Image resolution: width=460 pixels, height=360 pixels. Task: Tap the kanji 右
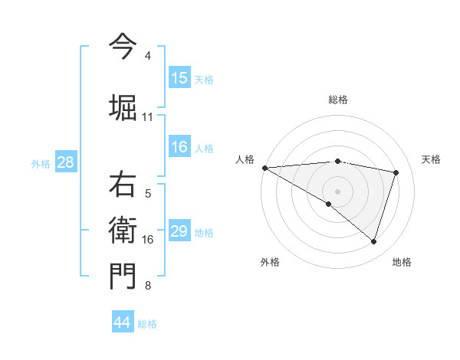(x=123, y=185)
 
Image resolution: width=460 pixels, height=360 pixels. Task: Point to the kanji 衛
(x=123, y=230)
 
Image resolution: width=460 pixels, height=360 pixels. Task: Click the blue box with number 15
(x=179, y=78)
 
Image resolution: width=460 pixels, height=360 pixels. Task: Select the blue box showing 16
(x=179, y=147)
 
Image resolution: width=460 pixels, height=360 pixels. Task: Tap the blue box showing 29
(x=179, y=231)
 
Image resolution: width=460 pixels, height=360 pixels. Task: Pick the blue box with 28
(x=65, y=162)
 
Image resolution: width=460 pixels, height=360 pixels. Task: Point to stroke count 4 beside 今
(x=148, y=56)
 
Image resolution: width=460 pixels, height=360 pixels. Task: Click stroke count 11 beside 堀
(x=148, y=116)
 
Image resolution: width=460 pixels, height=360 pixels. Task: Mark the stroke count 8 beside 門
(x=148, y=286)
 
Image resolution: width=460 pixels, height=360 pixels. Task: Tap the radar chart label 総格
(x=337, y=100)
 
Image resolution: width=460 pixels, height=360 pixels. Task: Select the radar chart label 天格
(x=432, y=159)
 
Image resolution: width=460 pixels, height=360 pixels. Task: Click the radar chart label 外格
(x=270, y=262)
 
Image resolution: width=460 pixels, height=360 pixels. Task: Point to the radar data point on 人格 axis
(x=264, y=168)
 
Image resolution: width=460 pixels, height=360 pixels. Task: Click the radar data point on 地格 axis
(x=373, y=242)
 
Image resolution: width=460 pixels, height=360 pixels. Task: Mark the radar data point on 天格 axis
(x=396, y=172)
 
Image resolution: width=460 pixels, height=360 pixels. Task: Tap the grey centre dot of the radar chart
(x=337, y=190)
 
